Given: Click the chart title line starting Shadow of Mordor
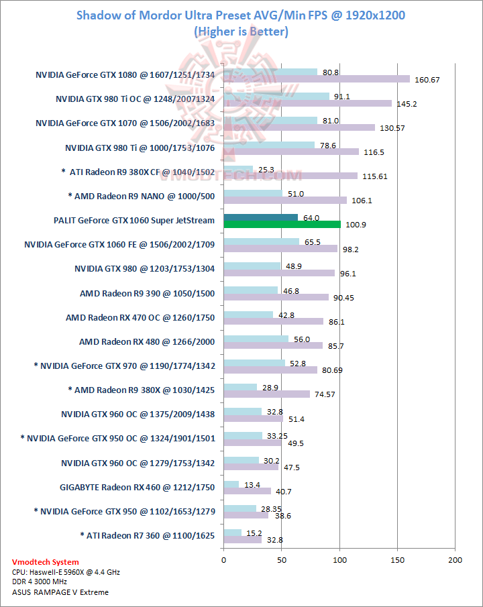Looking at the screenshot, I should pos(241,15).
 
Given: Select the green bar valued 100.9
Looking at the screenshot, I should pos(282,225).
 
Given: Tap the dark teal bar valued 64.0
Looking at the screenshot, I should pos(260,217).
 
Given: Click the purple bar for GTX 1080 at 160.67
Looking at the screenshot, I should pos(316,79).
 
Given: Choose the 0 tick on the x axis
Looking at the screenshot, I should pos(223,559).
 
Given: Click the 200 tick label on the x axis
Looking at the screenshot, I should pos(455,559).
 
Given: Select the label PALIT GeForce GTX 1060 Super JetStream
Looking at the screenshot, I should pos(133,221).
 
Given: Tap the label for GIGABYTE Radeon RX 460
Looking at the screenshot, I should pos(137,488).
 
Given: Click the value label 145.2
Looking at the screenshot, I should pos(407,103).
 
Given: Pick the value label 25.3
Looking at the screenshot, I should pos(267,170).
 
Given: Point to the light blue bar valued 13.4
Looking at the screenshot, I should pos(231,484).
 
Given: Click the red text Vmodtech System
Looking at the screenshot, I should pos(45,562).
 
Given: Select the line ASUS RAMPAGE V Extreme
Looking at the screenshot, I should pos(60,592).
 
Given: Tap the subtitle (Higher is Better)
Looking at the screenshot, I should pos(241,31).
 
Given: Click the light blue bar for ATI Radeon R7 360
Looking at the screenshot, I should pos(232,533).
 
